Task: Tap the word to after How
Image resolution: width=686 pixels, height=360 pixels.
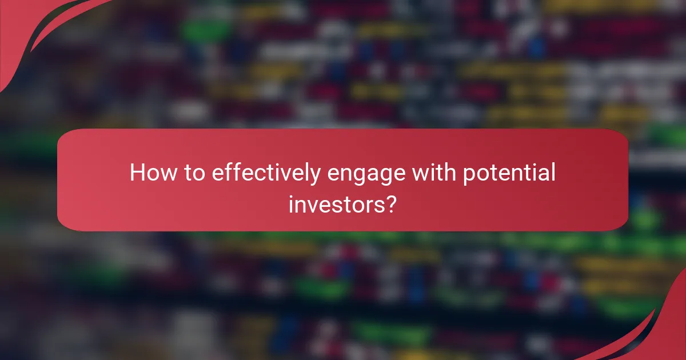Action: tap(191, 173)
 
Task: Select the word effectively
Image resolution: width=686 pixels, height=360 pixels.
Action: tap(265, 173)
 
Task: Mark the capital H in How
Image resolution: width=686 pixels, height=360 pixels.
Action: tap(138, 173)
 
